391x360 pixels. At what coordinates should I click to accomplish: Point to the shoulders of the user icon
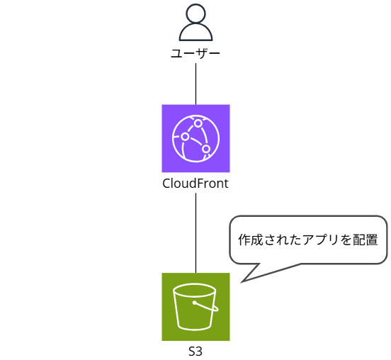pyautogui.click(x=195, y=33)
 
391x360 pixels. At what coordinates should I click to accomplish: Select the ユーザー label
pyautogui.click(x=195, y=54)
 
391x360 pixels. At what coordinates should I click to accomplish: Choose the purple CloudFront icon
pyautogui.click(x=195, y=138)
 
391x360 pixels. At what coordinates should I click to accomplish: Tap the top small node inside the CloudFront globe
pyautogui.click(x=198, y=123)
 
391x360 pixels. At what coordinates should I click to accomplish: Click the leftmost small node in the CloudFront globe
pyautogui.click(x=185, y=136)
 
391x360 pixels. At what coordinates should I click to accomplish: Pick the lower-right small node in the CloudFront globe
pyautogui.click(x=206, y=149)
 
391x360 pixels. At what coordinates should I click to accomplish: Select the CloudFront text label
pyautogui.click(x=195, y=184)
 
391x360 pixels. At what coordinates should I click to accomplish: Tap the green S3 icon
pyautogui.click(x=195, y=306)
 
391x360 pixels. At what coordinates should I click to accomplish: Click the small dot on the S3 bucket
pyautogui.click(x=194, y=303)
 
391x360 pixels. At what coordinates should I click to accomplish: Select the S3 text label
pyautogui.click(x=195, y=351)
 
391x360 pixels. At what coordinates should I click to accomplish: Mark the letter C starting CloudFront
pyautogui.click(x=166, y=184)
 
